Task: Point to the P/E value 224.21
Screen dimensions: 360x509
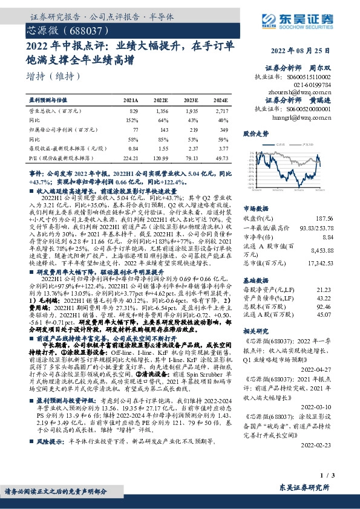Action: [130, 158]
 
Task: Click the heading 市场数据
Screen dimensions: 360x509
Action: [255, 189]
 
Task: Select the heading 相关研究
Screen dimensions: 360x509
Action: [255, 315]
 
